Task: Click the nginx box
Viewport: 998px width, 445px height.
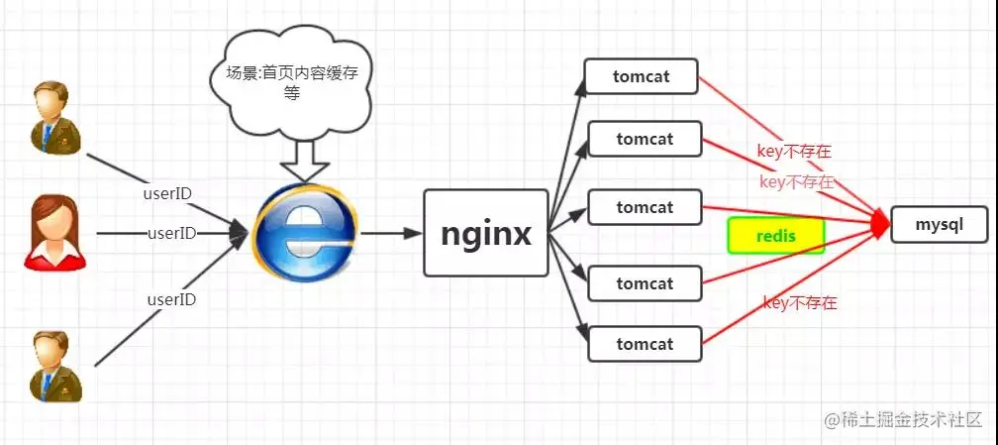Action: tap(486, 234)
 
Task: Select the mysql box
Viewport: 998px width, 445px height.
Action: tap(940, 225)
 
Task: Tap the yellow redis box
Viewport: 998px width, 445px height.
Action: tap(776, 236)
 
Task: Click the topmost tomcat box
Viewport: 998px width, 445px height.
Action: tap(642, 77)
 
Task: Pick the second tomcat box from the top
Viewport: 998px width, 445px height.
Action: tap(645, 139)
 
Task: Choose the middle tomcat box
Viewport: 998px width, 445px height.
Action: tap(645, 207)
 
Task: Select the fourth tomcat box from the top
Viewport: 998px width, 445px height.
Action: tap(645, 283)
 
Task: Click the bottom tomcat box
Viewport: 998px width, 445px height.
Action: tap(645, 344)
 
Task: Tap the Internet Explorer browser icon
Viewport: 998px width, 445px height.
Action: tap(304, 234)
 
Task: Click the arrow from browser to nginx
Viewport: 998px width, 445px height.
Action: tap(390, 234)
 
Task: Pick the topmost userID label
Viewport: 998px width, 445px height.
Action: tap(168, 193)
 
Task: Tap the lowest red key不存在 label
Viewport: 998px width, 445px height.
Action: tap(800, 303)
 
